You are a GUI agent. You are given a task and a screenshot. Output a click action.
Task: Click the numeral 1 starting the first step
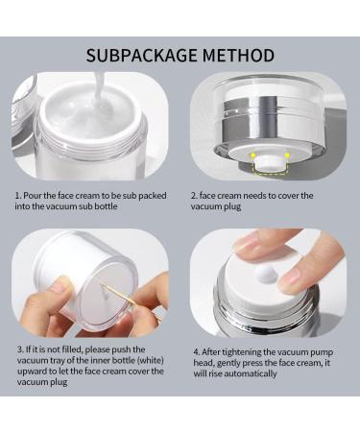click(16, 194)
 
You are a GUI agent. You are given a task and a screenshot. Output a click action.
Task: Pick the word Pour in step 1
click(36, 194)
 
